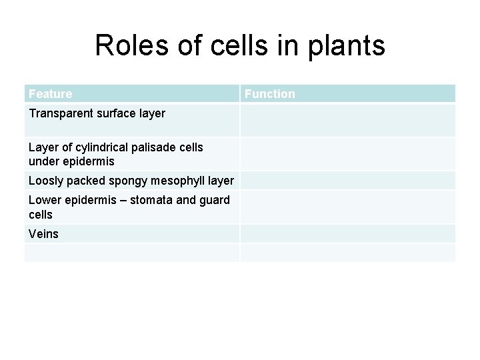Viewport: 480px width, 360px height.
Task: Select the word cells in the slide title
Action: click(x=233, y=46)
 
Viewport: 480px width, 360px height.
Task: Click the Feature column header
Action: click(x=51, y=94)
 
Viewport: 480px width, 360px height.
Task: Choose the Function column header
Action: click(x=269, y=94)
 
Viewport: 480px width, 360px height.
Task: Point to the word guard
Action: click(x=215, y=200)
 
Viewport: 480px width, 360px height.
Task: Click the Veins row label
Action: click(x=44, y=234)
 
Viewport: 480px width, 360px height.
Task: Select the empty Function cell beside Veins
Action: click(x=347, y=234)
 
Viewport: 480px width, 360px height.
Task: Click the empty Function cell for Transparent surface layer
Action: click(x=347, y=121)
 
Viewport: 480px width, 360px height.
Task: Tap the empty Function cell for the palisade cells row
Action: click(x=347, y=154)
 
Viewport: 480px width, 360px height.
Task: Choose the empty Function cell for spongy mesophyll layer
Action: click(x=347, y=181)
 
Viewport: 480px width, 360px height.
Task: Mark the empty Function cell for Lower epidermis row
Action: click(x=347, y=207)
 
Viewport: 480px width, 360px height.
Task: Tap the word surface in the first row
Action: click(x=115, y=113)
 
